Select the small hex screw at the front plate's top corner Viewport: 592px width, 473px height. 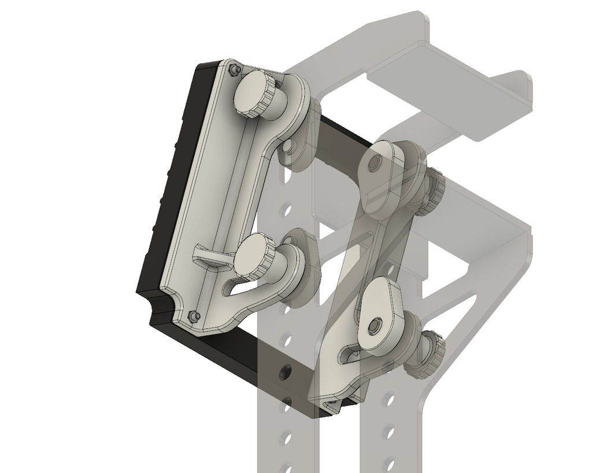[233, 70]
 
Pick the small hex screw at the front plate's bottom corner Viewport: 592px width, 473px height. [194, 316]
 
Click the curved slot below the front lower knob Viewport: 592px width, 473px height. [240, 286]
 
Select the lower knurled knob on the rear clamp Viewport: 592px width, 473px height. [428, 352]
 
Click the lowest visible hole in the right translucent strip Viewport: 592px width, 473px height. [389, 462]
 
